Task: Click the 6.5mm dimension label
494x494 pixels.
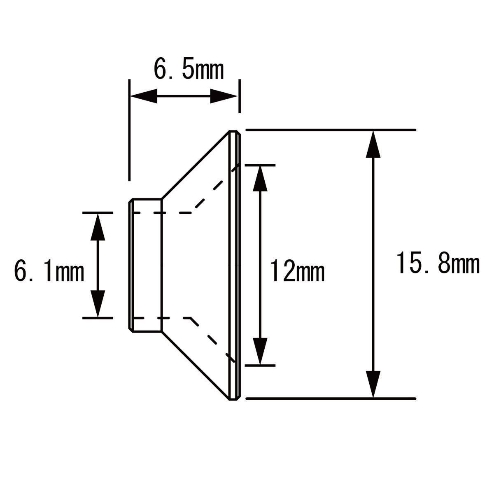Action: point(189,70)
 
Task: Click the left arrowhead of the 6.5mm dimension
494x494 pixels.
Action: point(144,96)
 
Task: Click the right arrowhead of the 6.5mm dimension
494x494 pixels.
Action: point(223,96)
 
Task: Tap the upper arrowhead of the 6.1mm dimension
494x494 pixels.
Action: point(98,227)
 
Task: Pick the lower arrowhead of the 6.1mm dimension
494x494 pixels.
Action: point(98,304)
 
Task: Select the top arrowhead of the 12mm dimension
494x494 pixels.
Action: point(260,179)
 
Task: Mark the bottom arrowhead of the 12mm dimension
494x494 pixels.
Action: point(260,352)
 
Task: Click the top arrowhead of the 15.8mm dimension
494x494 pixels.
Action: point(373,144)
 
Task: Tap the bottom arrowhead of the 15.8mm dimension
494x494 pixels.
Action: point(373,384)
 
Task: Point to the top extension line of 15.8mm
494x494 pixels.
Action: point(331,130)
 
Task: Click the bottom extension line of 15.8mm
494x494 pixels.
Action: point(331,398)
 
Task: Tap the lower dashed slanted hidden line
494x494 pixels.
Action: point(213,340)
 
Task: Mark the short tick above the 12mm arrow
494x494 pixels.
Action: point(260,165)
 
